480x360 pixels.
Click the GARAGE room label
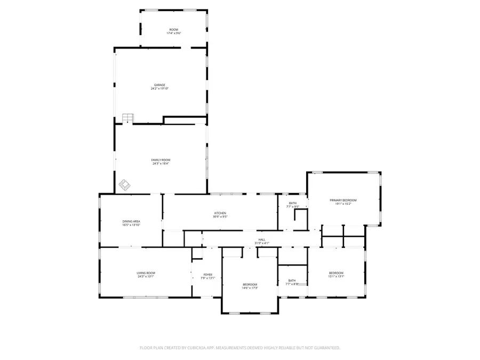tap(160, 85)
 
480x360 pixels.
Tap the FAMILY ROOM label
tap(161, 159)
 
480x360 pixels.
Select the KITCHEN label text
tap(220, 213)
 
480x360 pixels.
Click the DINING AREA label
tap(131, 221)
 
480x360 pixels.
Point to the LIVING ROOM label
tap(146, 273)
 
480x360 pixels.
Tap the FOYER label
tap(207, 275)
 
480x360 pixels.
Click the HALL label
tap(262, 239)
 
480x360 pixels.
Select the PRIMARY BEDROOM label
tap(342, 200)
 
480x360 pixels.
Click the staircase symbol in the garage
tap(127, 118)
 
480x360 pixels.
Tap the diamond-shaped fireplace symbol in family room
tap(124, 185)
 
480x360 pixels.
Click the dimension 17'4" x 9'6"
tap(174, 34)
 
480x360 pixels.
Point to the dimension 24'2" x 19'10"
tap(160, 89)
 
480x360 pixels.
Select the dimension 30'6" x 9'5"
tap(220, 217)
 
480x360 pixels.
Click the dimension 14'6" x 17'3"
tap(250, 288)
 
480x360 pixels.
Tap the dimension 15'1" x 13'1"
tap(336, 276)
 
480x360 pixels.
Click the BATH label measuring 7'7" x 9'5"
tap(293, 203)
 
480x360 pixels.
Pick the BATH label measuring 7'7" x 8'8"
tap(292, 281)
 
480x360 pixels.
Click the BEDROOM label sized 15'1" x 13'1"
tap(336, 273)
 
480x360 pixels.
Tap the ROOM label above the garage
tap(174, 30)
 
